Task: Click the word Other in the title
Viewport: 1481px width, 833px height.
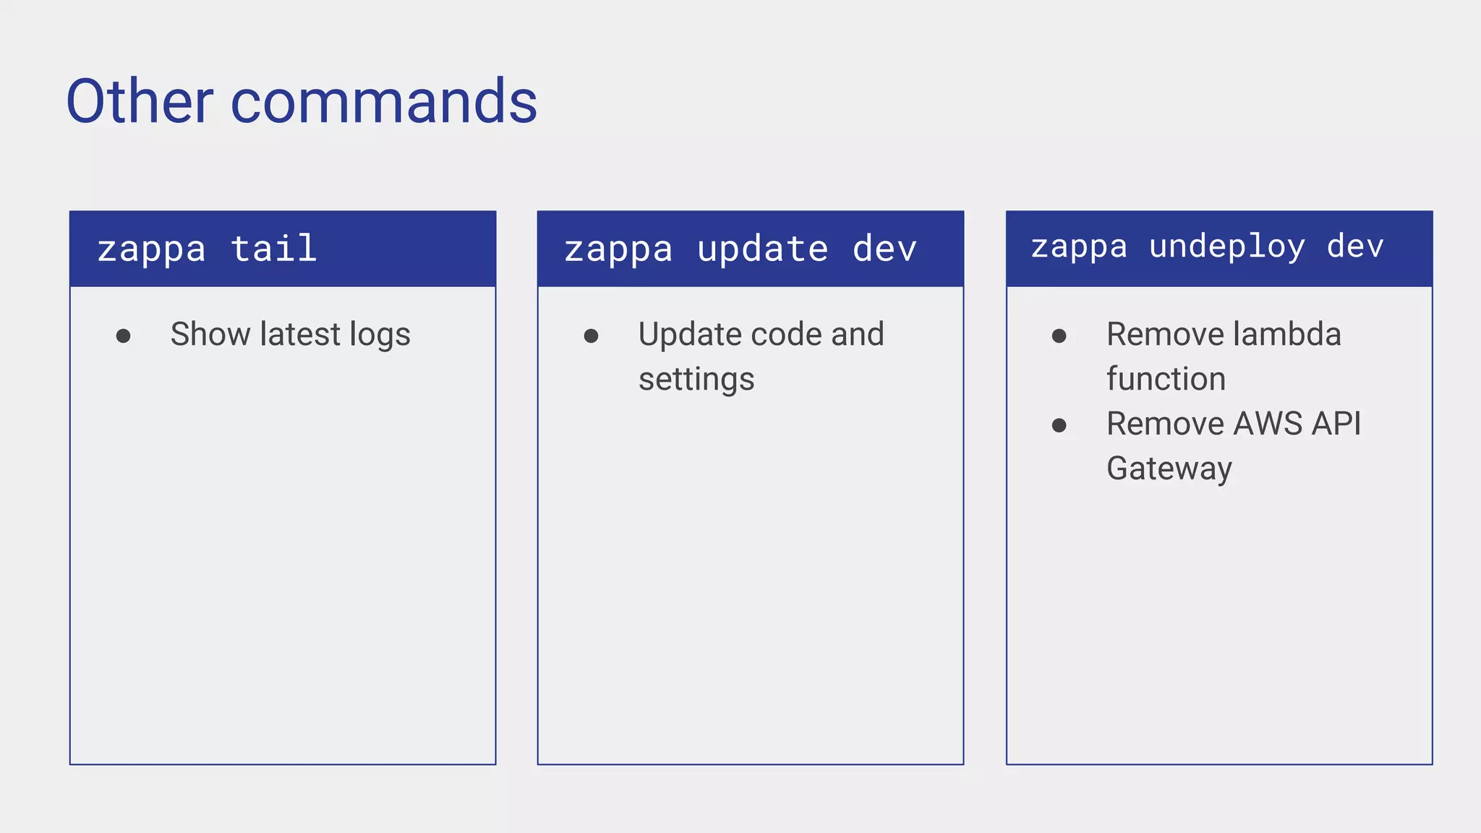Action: (x=140, y=101)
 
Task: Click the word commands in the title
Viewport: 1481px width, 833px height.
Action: (x=383, y=101)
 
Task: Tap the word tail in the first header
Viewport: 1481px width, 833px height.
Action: (x=273, y=249)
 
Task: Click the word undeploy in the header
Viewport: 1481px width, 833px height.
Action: (x=1226, y=247)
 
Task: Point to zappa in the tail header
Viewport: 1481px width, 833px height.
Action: (x=151, y=250)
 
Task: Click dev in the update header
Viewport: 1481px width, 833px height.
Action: (x=884, y=249)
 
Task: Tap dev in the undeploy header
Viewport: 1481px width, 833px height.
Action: (x=1354, y=247)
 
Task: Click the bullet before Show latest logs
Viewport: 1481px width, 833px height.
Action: (x=123, y=336)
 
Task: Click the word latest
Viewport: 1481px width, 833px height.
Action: (x=299, y=334)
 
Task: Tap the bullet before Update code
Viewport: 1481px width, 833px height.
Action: (x=591, y=336)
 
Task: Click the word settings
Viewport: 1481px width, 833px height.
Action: (x=696, y=380)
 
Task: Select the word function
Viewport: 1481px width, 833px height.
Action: (x=1166, y=379)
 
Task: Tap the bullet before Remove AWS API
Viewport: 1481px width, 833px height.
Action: (x=1059, y=425)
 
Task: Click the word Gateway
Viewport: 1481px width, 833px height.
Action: (x=1169, y=469)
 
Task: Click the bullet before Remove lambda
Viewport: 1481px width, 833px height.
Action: (x=1059, y=336)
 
